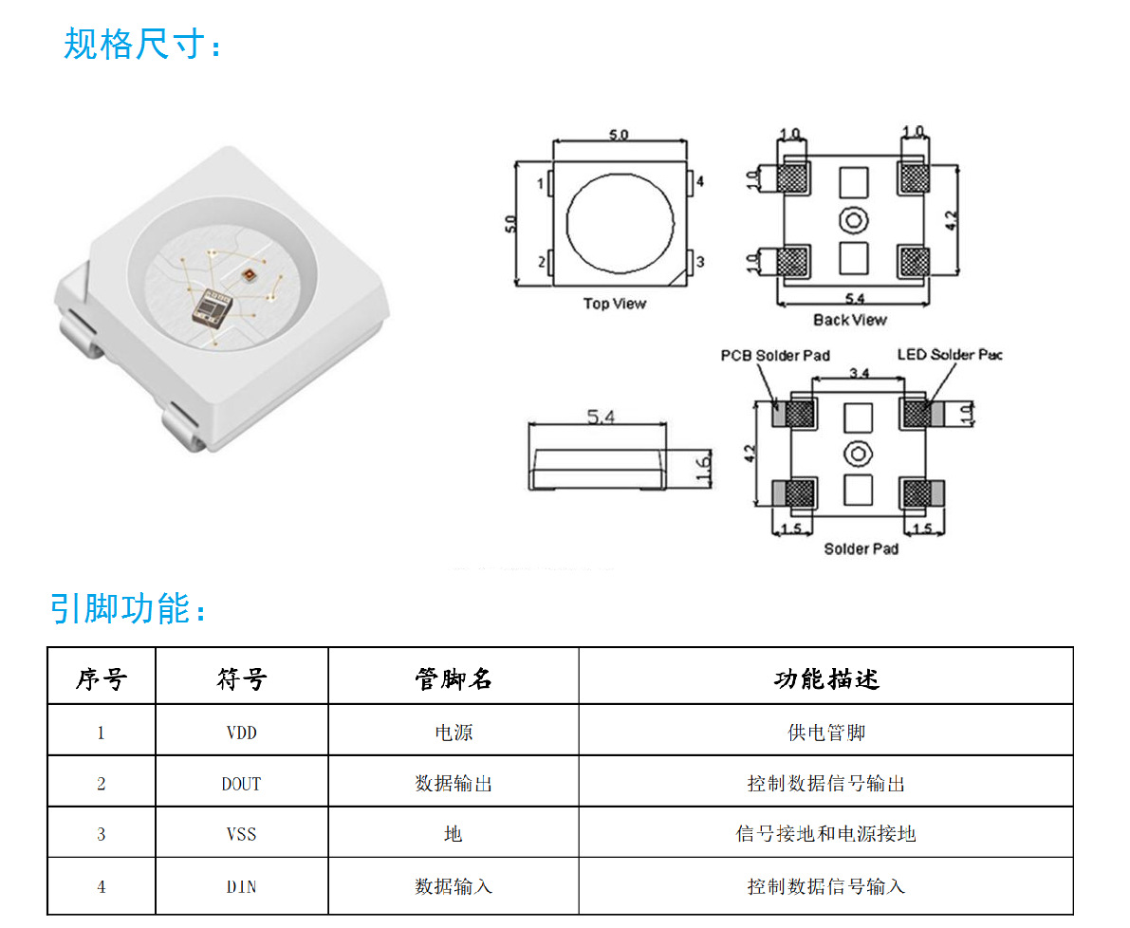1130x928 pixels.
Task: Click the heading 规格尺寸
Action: pyautogui.click(x=142, y=44)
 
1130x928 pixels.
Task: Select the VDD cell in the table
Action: pyautogui.click(x=241, y=733)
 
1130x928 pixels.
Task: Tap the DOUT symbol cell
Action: pyautogui.click(x=241, y=784)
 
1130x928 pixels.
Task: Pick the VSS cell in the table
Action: pyautogui.click(x=241, y=834)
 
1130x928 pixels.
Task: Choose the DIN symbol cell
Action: pyautogui.click(x=241, y=886)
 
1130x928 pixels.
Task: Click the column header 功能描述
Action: pyautogui.click(x=825, y=678)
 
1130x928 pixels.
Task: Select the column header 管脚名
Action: pyautogui.click(x=454, y=678)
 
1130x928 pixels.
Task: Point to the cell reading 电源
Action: pyautogui.click(x=454, y=733)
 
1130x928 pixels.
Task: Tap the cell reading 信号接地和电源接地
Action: pyautogui.click(x=825, y=834)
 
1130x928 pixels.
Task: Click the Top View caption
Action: pyautogui.click(x=614, y=304)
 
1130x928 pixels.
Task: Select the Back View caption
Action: pyautogui.click(x=850, y=320)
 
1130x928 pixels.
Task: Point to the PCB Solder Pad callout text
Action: pyautogui.click(x=775, y=356)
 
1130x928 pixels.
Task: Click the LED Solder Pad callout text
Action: pyautogui.click(x=950, y=355)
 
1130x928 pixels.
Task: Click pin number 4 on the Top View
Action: pyautogui.click(x=700, y=181)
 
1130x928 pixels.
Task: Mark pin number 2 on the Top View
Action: pyautogui.click(x=542, y=262)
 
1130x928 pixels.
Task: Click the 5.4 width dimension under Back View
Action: pyautogui.click(x=853, y=299)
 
